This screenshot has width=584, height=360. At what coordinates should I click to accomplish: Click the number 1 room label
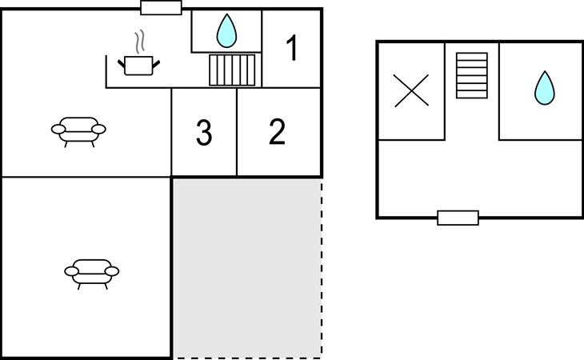click(x=292, y=47)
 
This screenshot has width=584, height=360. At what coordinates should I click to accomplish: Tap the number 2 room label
click(x=277, y=131)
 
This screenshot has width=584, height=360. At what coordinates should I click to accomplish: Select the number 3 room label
click(x=204, y=133)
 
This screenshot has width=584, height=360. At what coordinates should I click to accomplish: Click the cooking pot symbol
click(x=138, y=66)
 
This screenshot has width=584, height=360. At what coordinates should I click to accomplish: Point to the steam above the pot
click(x=139, y=42)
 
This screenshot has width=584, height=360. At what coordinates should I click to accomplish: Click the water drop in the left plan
click(x=226, y=31)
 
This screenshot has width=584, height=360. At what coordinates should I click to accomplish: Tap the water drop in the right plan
click(x=545, y=88)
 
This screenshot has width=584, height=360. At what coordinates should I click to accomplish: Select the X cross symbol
click(x=411, y=91)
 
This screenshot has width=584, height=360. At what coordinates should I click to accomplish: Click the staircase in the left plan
click(x=232, y=70)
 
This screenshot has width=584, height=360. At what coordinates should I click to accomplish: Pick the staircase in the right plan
click(x=472, y=75)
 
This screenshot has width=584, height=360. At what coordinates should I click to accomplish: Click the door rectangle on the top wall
click(x=161, y=8)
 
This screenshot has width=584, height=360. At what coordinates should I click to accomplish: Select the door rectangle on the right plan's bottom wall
click(x=458, y=218)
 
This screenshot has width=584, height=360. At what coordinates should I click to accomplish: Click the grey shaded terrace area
click(x=247, y=269)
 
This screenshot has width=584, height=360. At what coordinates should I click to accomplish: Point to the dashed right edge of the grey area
click(x=322, y=269)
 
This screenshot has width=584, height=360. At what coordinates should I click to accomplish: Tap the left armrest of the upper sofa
click(x=58, y=129)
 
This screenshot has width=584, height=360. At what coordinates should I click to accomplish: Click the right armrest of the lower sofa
click(x=112, y=271)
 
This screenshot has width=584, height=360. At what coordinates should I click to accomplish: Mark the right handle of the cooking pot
click(x=156, y=64)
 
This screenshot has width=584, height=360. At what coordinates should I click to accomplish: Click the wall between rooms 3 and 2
click(x=237, y=132)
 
